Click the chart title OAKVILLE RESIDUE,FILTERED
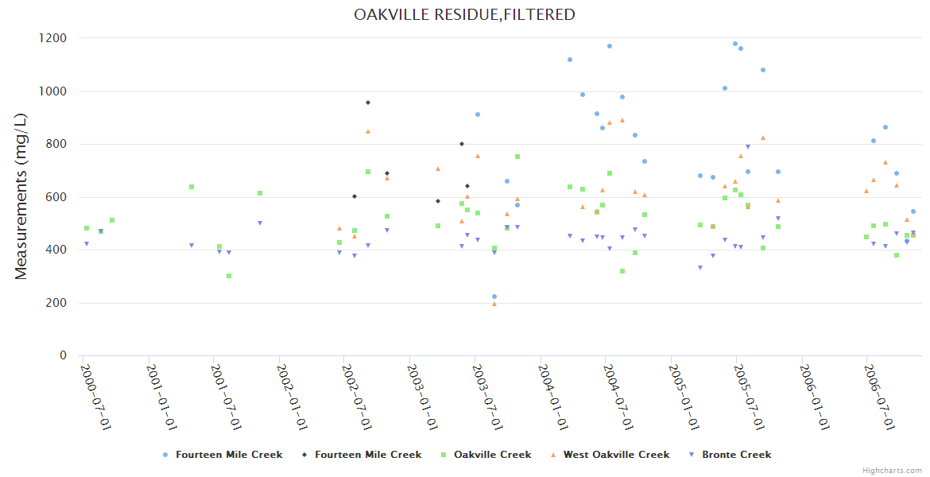pos(464,14)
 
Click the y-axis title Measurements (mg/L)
pos(21,196)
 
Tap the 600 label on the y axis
pos(56,197)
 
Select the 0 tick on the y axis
pos(63,355)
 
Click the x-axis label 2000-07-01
pos(95,397)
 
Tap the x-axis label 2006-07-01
pos(879,397)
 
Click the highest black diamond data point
pos(368,103)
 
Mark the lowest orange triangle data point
pos(494,304)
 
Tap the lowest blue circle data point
pos(494,297)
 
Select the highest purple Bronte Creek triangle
pos(748,146)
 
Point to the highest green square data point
pos(517,157)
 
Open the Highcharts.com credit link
pos(892,471)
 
